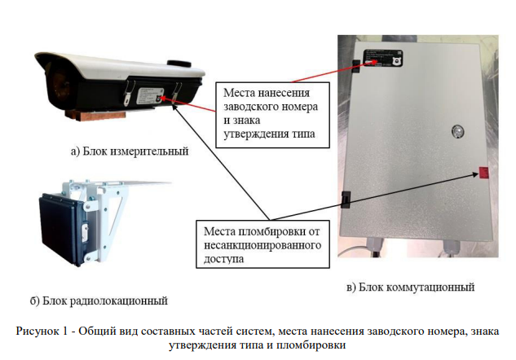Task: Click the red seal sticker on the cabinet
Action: [x=483, y=173]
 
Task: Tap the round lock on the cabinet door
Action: [x=457, y=131]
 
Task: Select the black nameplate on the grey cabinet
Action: [x=383, y=58]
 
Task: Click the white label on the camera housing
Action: [x=150, y=96]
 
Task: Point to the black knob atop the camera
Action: [x=179, y=64]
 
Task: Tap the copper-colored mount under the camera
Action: [x=95, y=115]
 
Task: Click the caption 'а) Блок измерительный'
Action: [x=130, y=151]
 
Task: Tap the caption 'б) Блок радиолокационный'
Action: [x=99, y=301]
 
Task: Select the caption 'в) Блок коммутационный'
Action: [x=410, y=287]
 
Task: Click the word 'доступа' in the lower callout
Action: [x=224, y=259]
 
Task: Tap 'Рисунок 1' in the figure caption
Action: [x=42, y=331]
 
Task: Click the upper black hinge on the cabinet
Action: [x=356, y=66]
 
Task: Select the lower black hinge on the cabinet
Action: [x=346, y=199]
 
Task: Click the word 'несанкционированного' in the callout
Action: [x=262, y=245]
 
